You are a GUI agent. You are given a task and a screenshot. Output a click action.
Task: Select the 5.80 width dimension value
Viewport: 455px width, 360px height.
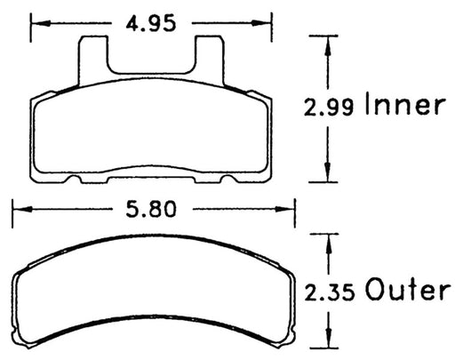(x=150, y=211)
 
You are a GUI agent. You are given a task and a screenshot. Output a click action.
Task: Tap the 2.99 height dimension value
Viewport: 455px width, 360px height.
(x=328, y=108)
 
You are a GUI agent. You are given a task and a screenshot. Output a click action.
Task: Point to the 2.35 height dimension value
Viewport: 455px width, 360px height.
(x=328, y=291)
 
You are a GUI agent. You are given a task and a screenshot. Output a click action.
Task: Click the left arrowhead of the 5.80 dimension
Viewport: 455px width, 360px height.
(x=17, y=211)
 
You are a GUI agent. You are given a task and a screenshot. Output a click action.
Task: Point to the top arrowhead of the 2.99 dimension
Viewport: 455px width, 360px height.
(x=328, y=42)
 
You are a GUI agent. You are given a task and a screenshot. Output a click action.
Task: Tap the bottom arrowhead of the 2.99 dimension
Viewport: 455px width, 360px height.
(x=328, y=177)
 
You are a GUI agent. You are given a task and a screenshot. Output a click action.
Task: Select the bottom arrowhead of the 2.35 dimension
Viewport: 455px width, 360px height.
(x=328, y=343)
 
